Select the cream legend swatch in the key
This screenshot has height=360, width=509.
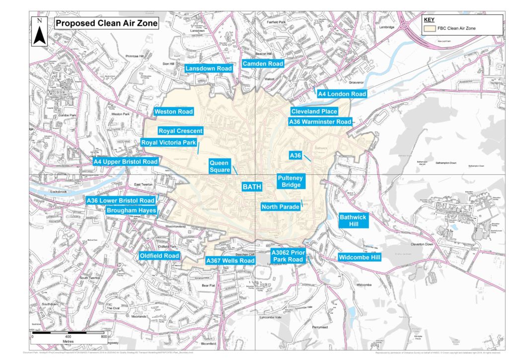pyautogui.click(x=429, y=29)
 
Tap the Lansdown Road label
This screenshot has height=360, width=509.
pyautogui.click(x=209, y=68)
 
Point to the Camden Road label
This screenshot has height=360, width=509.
pyautogui.click(x=263, y=64)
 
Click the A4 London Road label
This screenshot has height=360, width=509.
pyautogui.click(x=342, y=94)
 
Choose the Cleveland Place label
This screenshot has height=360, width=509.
pyautogui.click(x=314, y=112)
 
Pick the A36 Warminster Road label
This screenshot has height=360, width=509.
pyautogui.click(x=320, y=122)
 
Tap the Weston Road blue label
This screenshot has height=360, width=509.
pyautogui.click(x=173, y=112)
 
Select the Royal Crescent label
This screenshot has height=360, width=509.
pyautogui.click(x=180, y=131)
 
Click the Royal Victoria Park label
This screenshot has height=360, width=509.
pyautogui.click(x=169, y=143)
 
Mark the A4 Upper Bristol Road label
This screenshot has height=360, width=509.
pyautogui.click(x=126, y=162)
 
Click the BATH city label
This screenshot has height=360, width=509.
pyautogui.click(x=251, y=187)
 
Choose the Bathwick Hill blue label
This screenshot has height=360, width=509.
pyautogui.click(x=354, y=220)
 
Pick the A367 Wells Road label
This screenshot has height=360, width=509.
pyautogui.click(x=230, y=260)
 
